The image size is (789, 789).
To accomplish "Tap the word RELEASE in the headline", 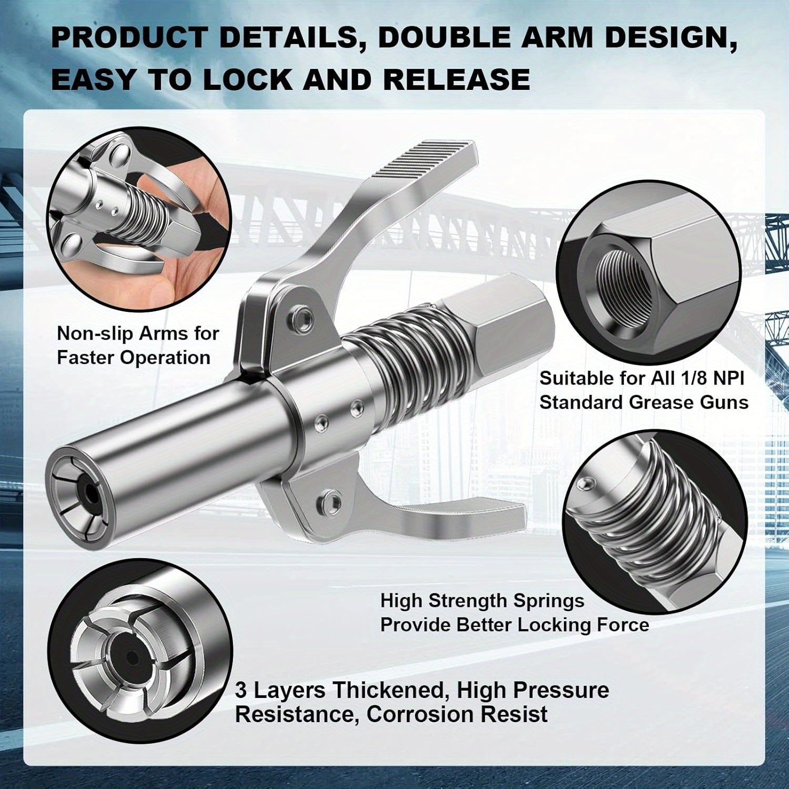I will (x=456, y=79).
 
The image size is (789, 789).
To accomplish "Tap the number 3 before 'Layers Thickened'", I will (x=241, y=690).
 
